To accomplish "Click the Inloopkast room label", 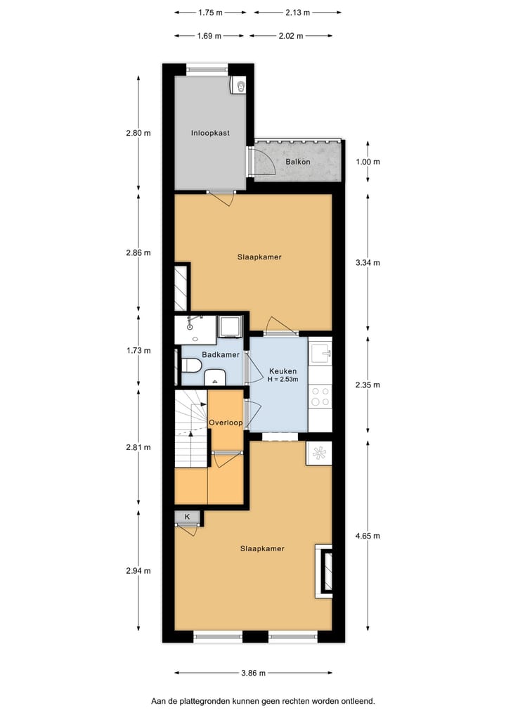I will [210, 133].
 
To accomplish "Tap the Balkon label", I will [297, 162].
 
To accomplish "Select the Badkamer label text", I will [220, 355].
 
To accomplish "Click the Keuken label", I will [283, 371].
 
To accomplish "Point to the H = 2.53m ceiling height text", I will [283, 380].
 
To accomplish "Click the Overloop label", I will [226, 423].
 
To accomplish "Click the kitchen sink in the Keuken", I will [320, 352].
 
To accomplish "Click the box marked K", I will [187, 517].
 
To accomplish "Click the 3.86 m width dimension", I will [252, 673].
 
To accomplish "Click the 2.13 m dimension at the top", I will [298, 13].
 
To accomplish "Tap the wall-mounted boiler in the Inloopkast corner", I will [239, 85].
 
